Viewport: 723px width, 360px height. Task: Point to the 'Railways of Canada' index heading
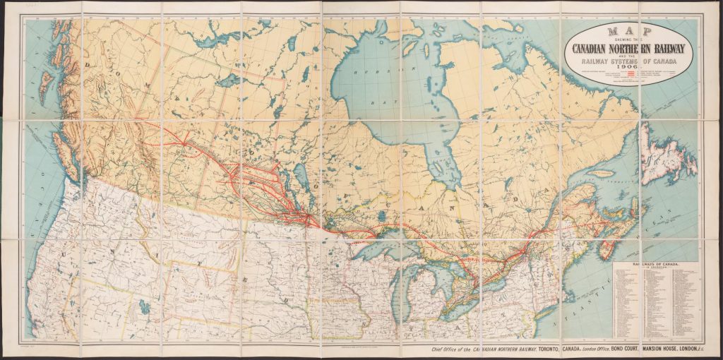point(652,264)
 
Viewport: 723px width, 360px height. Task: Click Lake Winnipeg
point(299,176)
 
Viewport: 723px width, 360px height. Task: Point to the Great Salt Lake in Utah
point(145,308)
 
